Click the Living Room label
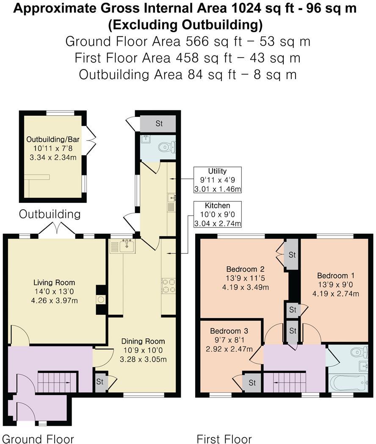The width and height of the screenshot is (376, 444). click(54, 283)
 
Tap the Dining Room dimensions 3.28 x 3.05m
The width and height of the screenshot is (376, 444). click(143, 360)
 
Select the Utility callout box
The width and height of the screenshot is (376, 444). click(217, 180)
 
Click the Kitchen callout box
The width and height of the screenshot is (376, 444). click(217, 214)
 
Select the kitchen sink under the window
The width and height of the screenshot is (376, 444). click(126, 245)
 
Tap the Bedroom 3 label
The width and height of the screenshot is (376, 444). click(229, 331)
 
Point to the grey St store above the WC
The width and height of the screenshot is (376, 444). click(159, 124)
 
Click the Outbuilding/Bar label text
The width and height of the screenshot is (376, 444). click(53, 139)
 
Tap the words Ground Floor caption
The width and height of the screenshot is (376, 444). click(38, 438)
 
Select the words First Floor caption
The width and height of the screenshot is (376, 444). click(224, 438)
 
